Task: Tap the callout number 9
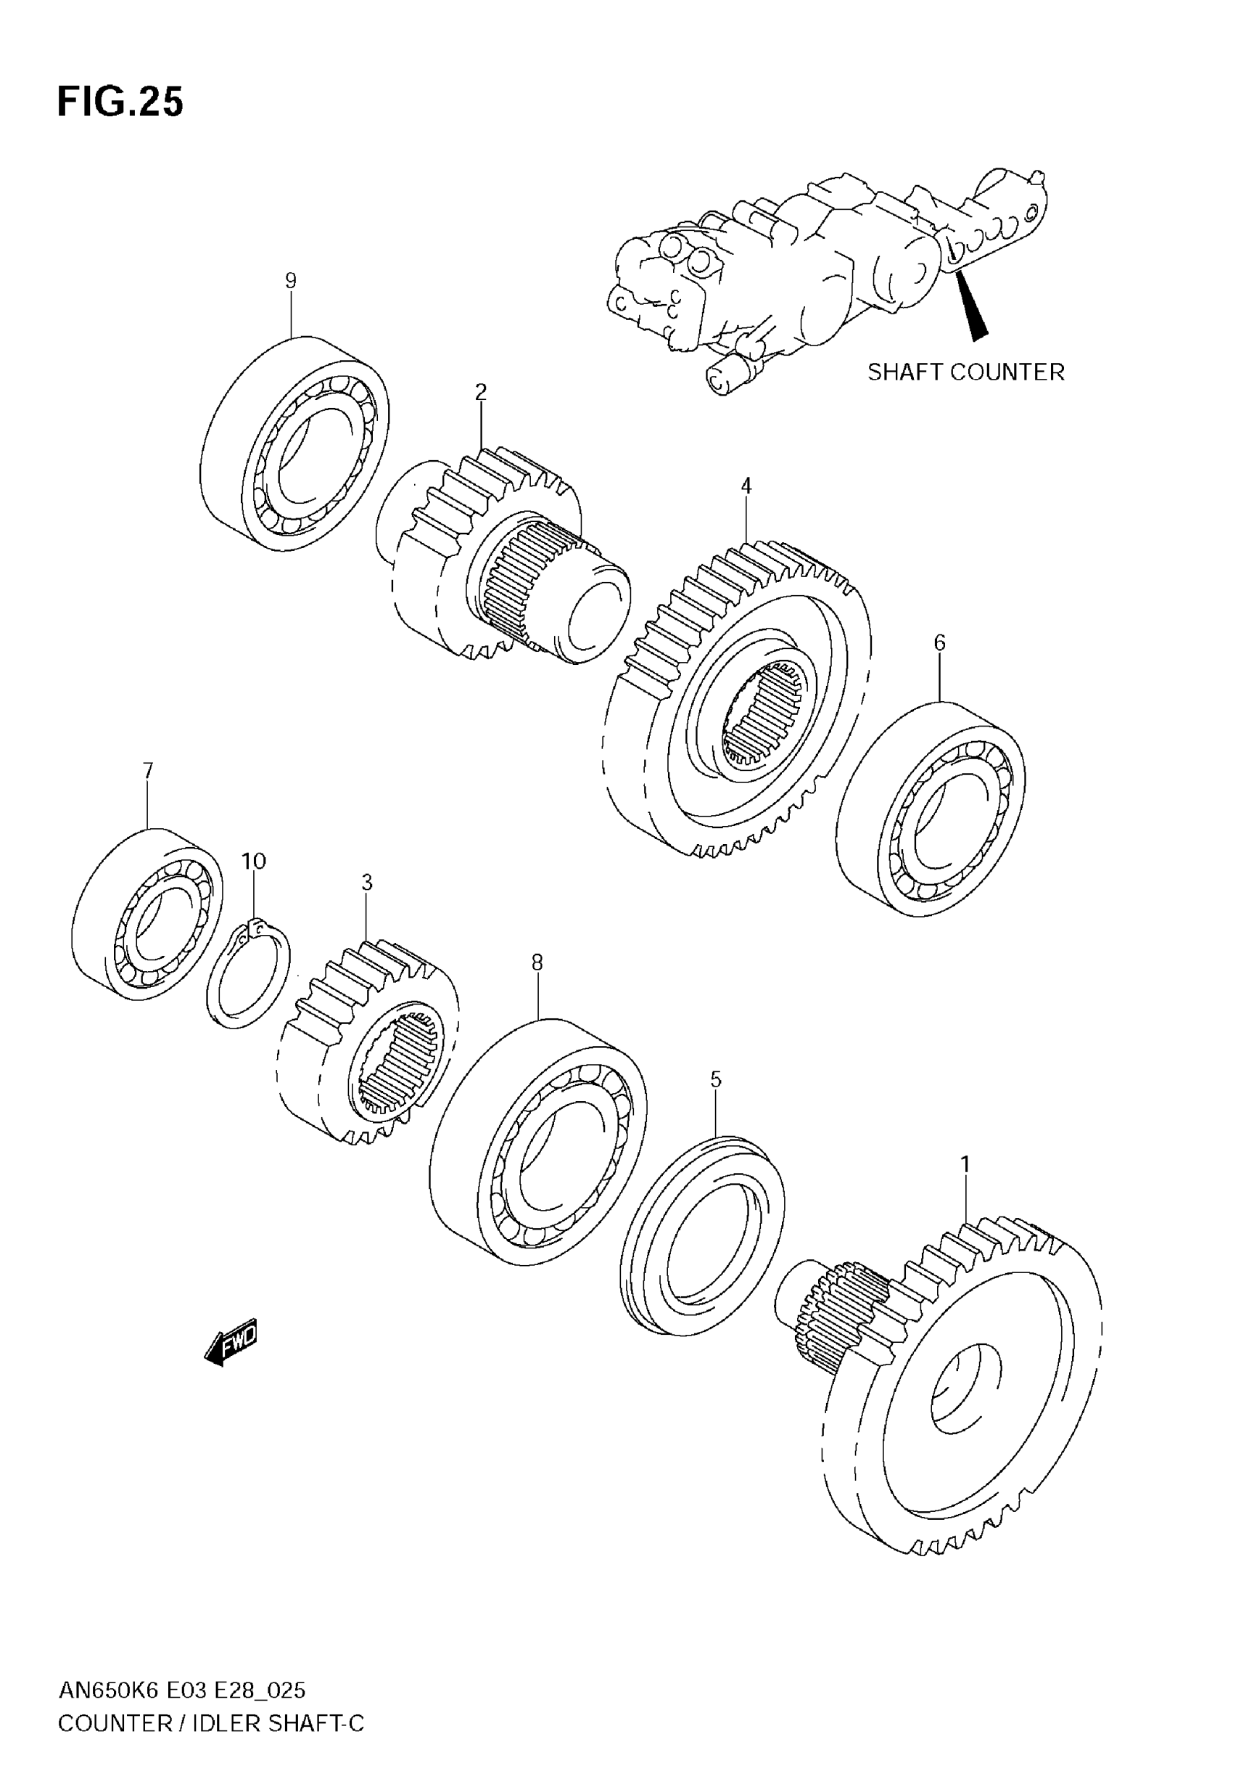coord(291,281)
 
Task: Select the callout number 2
coord(481,393)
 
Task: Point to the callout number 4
coord(746,486)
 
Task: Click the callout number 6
coord(939,642)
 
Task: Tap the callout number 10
coord(253,861)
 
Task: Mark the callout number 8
coord(537,962)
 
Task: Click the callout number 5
coord(715,1080)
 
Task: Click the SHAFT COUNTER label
coord(965,372)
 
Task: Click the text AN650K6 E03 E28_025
coord(182,1691)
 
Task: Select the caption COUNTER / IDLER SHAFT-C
coord(211,1724)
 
